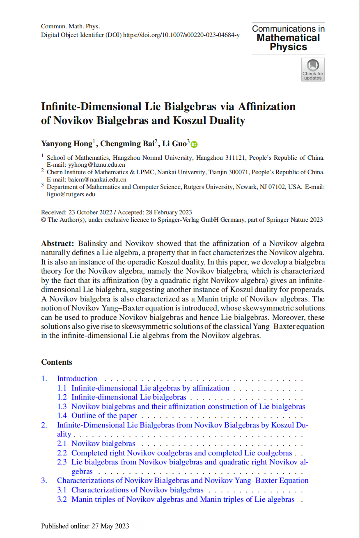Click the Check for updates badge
point(313,69)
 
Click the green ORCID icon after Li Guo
point(194,144)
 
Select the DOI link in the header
point(181,35)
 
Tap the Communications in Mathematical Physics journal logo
point(288,38)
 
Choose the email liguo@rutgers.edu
point(71,194)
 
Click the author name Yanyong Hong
point(66,143)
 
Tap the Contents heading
point(57,362)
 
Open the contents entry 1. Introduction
point(77,379)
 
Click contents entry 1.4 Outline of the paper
point(104,416)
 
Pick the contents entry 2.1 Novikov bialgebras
point(103,444)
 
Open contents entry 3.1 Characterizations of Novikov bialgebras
point(137,490)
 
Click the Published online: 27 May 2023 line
point(85,526)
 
